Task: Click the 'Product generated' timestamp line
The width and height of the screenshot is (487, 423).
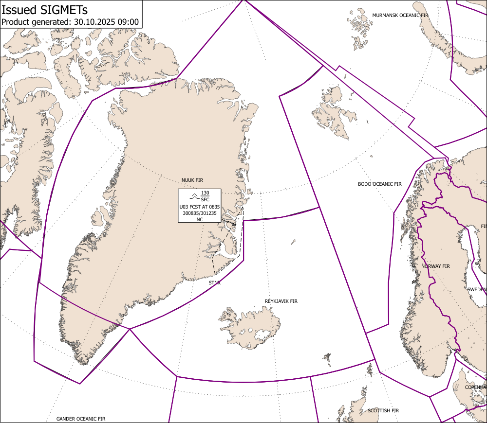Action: tap(70, 22)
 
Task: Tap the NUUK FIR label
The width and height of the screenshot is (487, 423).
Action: tap(192, 180)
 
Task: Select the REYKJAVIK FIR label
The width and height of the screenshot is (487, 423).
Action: tap(281, 301)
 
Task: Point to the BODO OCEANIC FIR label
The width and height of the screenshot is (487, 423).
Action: tap(379, 184)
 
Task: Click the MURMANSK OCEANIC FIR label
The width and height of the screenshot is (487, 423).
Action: tap(400, 16)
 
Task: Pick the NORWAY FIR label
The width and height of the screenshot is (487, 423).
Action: tap(435, 266)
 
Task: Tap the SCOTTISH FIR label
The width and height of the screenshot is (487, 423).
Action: tap(383, 411)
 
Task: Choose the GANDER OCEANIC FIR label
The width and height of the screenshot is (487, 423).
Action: tap(80, 419)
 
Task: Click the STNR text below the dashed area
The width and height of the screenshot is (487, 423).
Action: tap(214, 282)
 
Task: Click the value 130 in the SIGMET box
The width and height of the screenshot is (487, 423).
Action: tap(205, 194)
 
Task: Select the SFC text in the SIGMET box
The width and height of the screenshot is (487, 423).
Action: tap(205, 200)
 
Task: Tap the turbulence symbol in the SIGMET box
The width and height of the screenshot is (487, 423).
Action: tap(193, 196)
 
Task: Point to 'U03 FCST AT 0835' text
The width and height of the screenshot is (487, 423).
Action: tap(200, 207)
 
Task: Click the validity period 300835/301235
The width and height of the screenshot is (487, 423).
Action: tap(200, 213)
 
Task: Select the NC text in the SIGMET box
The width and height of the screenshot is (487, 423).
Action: tap(200, 219)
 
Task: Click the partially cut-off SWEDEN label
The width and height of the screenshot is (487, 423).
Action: tap(477, 289)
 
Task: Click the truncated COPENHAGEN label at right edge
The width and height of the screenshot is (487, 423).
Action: tap(475, 387)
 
